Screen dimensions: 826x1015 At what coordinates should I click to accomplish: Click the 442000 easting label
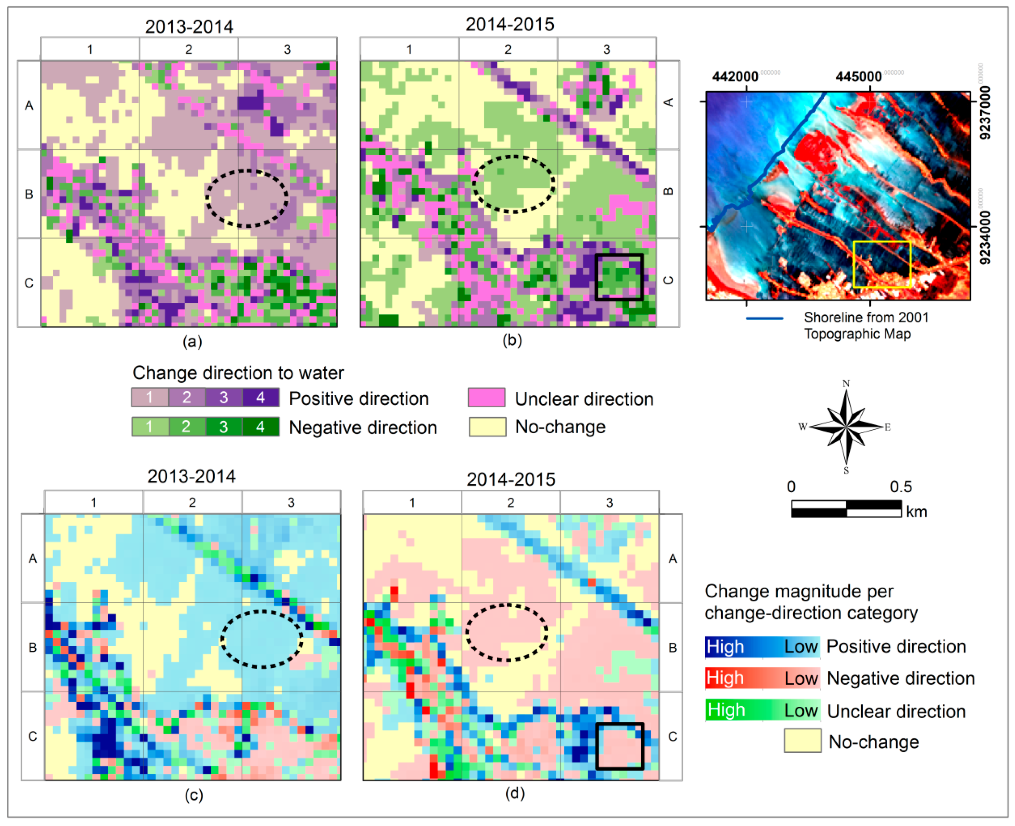[x=735, y=76]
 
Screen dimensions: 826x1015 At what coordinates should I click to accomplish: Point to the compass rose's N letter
[x=846, y=384]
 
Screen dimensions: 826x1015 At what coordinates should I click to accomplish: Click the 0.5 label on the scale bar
[x=900, y=487]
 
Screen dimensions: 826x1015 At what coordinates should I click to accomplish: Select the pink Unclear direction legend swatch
[x=486, y=398]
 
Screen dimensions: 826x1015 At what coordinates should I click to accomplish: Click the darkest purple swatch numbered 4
[x=260, y=397]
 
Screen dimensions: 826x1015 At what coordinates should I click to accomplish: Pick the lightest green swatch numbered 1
[x=149, y=426]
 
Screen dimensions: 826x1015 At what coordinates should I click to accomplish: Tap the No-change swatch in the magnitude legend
[x=802, y=741]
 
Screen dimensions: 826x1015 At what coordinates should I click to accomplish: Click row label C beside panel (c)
[x=32, y=736]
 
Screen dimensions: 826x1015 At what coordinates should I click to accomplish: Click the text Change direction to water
[x=238, y=373]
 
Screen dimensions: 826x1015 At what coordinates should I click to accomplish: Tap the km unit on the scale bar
[x=916, y=512]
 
